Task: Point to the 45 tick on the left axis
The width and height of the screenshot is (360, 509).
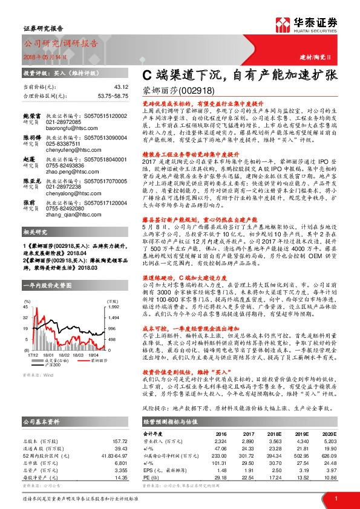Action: (27, 307)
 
